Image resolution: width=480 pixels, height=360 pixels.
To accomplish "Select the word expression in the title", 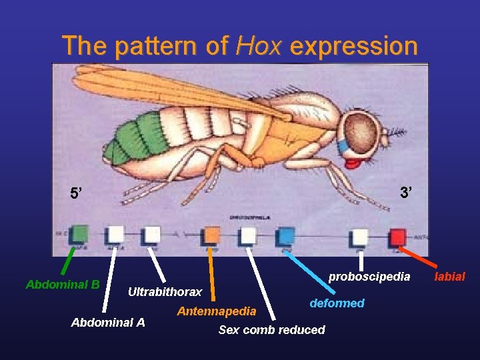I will [354, 46].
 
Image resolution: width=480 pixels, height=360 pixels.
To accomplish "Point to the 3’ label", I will [406, 193].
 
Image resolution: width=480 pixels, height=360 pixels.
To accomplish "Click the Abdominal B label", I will [63, 285].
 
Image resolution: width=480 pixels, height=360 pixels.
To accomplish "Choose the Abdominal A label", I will [108, 323].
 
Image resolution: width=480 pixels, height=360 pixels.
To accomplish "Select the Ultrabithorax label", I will [165, 292].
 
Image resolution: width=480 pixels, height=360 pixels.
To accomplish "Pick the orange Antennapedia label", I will [216, 311].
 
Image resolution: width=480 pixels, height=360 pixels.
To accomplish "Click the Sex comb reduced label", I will [272, 329].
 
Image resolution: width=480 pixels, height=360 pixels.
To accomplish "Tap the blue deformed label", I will [337, 303].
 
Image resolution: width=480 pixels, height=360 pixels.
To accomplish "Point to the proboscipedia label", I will [369, 275].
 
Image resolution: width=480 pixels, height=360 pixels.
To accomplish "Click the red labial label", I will [450, 276].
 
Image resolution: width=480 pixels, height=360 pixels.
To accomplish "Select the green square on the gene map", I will [79, 233].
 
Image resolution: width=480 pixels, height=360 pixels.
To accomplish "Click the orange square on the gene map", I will [212, 235].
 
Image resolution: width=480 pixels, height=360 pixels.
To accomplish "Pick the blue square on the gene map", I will [286, 235].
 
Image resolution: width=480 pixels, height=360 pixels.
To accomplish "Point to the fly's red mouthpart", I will [354, 162].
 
